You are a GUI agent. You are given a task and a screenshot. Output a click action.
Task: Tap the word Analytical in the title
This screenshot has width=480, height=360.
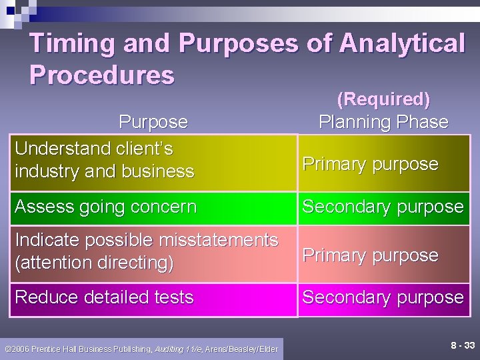402,44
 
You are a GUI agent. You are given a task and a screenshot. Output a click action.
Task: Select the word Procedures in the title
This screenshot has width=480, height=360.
102,75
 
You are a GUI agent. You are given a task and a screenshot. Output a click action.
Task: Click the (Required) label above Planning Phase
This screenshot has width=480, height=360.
383,99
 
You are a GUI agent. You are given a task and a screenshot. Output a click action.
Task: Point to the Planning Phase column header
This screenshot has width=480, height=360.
383,122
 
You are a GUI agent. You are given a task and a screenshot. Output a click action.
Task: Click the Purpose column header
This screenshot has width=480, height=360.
153,122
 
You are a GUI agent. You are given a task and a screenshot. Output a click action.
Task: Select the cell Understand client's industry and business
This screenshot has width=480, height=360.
105,159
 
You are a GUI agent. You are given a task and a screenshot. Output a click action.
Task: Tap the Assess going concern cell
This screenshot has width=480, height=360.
106,207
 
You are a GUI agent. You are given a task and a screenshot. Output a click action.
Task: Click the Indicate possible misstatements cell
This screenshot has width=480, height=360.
146,251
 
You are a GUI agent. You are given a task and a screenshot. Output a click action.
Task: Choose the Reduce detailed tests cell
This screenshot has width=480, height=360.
105,297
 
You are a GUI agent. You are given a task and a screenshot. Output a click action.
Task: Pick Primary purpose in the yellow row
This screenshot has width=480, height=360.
371,164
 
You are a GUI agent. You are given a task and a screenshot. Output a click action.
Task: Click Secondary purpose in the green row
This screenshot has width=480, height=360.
383,207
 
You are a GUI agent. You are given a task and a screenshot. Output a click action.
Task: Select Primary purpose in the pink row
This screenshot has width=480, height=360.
371,255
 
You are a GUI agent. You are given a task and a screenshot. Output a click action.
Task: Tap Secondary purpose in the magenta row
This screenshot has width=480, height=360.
383,297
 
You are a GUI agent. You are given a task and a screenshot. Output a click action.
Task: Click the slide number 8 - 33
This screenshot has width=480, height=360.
463,345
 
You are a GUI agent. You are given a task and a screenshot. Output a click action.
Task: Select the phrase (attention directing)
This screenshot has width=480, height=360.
94,263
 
